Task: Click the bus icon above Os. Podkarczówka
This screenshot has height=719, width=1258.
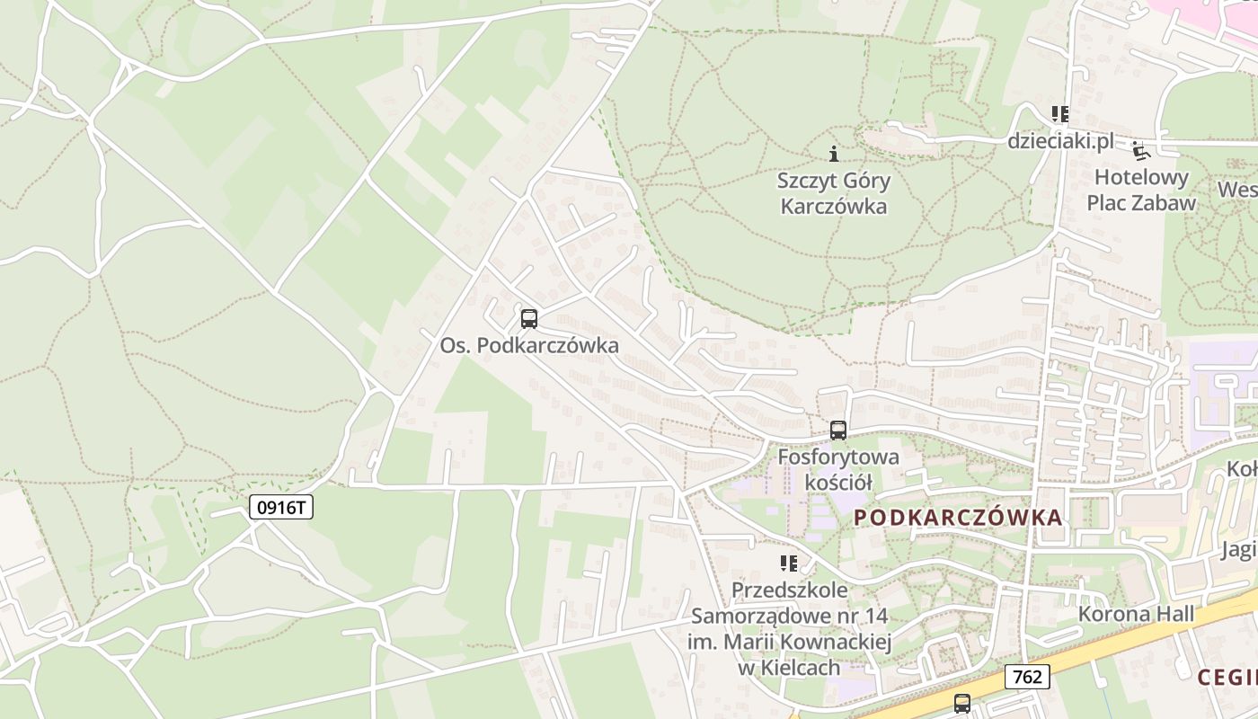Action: [x=529, y=318]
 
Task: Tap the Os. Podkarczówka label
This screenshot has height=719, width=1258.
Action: [x=529, y=345]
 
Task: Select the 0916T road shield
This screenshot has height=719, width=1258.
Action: [x=281, y=507]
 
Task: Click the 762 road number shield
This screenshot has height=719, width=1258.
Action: [x=1026, y=676]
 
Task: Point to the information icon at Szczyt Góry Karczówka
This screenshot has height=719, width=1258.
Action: [x=834, y=154]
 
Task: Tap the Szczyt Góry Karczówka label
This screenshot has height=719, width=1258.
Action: [x=834, y=193]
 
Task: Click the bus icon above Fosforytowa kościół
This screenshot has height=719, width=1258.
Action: [x=838, y=430]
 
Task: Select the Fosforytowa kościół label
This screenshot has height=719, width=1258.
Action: [x=838, y=469]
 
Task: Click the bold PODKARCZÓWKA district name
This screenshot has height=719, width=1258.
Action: [x=958, y=518]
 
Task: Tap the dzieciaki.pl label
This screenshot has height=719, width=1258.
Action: [x=1060, y=141]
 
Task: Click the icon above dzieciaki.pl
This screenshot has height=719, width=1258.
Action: [x=1060, y=114]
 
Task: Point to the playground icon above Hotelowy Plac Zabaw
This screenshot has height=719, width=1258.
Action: [x=1140, y=150]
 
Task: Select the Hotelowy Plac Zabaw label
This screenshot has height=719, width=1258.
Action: [x=1141, y=190]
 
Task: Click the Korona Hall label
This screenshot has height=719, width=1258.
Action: [x=1136, y=615]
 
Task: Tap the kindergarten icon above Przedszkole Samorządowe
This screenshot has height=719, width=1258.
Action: [x=788, y=564]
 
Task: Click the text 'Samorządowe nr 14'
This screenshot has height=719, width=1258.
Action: [x=789, y=617]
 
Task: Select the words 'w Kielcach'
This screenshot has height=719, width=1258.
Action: [x=789, y=668]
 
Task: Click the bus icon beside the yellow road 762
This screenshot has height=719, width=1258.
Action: [x=962, y=703]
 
